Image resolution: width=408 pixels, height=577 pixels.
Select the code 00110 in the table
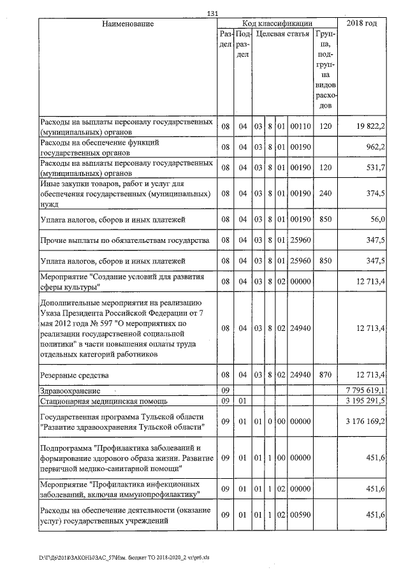[299, 126]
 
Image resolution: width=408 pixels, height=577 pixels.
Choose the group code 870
[325, 375]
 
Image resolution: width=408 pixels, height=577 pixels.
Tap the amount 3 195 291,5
[365, 401]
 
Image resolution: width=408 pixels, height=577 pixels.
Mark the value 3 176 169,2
[365, 421]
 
